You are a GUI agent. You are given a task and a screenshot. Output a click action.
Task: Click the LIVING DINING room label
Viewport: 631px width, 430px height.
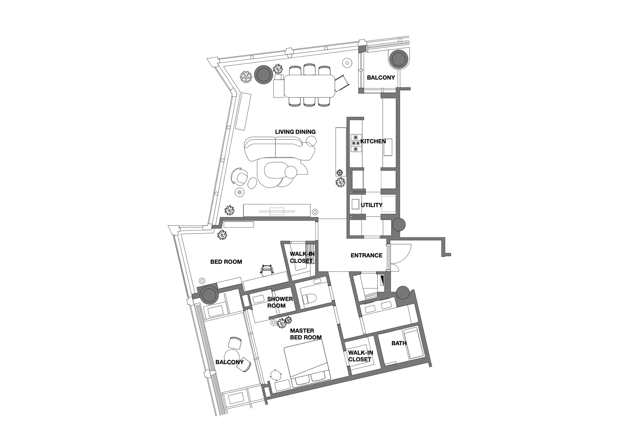295,132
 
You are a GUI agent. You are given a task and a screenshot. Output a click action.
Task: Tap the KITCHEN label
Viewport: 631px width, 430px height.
373,141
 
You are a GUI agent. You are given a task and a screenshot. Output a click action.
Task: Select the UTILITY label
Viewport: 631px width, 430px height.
372,205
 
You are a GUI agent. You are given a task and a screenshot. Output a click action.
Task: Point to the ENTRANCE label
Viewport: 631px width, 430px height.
366,255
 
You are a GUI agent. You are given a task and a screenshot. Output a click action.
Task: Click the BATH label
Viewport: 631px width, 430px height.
399,343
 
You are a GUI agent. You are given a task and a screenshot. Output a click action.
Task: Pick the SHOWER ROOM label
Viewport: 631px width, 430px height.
280,302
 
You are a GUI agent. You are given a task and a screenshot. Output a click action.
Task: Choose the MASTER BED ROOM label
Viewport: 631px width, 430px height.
306,334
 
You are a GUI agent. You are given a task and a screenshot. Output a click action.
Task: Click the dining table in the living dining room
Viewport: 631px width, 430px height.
309,86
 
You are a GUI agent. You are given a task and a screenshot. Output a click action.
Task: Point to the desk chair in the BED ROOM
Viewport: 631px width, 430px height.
267,270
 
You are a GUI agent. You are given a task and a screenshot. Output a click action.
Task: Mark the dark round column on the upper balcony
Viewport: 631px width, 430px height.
398,59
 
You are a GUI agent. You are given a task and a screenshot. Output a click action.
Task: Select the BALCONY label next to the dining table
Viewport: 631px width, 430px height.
381,78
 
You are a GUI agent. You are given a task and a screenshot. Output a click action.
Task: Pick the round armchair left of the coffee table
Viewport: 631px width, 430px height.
240,177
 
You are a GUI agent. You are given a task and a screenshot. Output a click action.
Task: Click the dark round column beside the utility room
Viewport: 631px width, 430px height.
399,225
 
